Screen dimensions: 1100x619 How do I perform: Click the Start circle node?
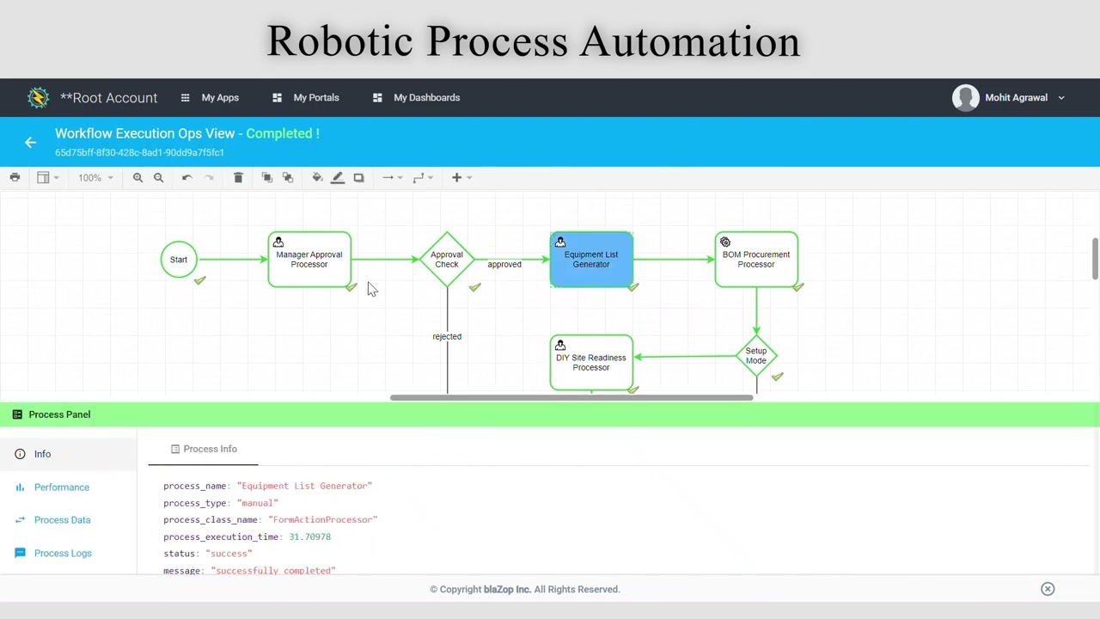click(179, 260)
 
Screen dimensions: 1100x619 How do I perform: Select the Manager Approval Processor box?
click(309, 260)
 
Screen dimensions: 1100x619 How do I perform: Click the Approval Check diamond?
click(447, 260)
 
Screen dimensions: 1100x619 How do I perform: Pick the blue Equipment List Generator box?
click(591, 260)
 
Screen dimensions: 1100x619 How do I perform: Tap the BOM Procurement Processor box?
click(756, 260)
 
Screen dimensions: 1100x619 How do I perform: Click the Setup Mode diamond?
click(756, 356)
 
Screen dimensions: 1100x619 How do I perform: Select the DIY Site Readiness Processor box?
click(591, 363)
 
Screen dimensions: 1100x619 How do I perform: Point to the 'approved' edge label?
click(504, 264)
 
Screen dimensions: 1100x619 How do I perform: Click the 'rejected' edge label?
click(447, 336)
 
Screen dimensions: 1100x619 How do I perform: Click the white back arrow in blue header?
click(30, 143)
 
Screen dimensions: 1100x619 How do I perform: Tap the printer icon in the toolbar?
click(15, 177)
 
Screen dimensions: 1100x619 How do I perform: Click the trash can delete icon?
click(238, 177)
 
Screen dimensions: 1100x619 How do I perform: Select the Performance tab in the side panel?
click(62, 487)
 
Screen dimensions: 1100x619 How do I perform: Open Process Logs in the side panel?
click(63, 553)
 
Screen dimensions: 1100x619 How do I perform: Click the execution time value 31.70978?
click(310, 537)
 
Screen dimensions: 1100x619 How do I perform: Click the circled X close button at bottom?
click(1048, 589)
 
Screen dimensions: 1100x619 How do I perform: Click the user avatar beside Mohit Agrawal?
click(965, 98)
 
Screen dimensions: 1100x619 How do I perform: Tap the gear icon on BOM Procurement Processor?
click(725, 242)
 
